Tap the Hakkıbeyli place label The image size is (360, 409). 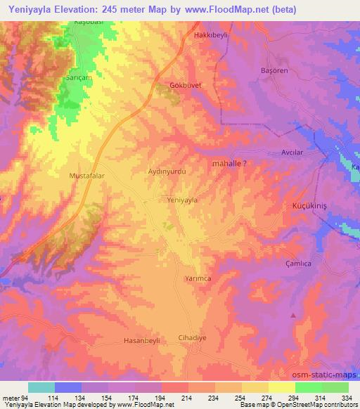pyautogui.click(x=212, y=34)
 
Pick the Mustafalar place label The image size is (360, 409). pyautogui.click(x=87, y=176)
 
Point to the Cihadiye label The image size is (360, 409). pyautogui.click(x=193, y=337)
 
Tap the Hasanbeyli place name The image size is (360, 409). pyautogui.click(x=142, y=341)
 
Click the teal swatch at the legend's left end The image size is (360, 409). pyautogui.click(x=41, y=387)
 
